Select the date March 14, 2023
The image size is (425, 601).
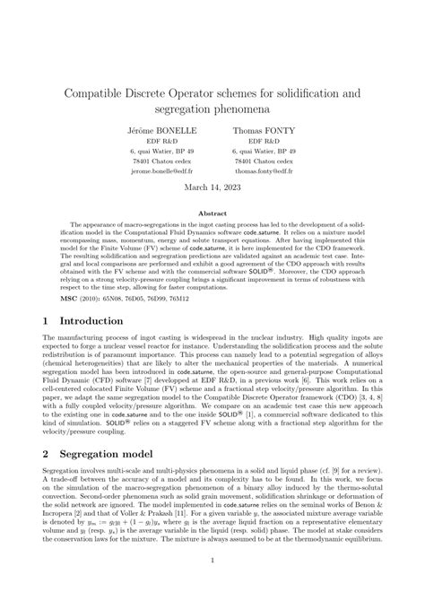[212, 189]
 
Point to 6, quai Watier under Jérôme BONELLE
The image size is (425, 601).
[151, 151]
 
